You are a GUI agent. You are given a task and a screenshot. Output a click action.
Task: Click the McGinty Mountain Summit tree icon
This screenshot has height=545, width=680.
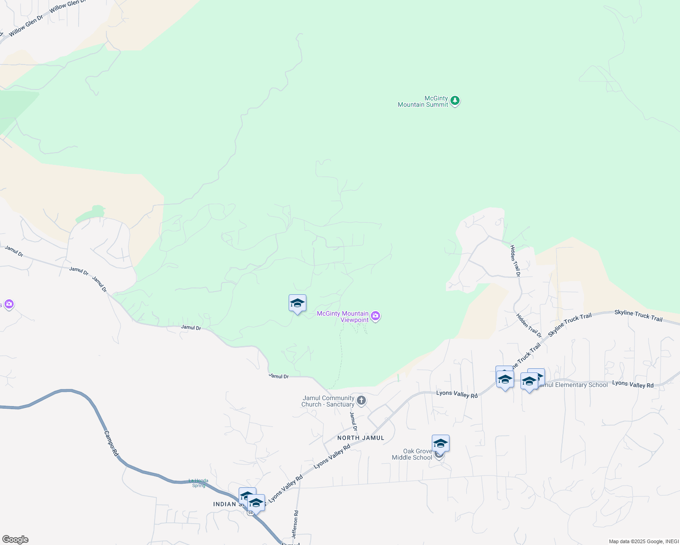point(455,101)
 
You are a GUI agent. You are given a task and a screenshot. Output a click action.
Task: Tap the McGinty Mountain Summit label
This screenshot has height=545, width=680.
point(423,101)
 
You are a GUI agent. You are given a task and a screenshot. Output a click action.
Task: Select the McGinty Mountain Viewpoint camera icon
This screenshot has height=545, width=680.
point(375,316)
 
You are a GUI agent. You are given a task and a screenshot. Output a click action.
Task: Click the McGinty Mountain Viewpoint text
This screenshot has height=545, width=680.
point(343,317)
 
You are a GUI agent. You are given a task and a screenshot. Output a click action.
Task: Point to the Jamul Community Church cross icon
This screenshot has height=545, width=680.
point(361,401)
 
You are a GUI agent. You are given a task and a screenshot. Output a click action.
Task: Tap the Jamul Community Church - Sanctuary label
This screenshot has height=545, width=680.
point(328,401)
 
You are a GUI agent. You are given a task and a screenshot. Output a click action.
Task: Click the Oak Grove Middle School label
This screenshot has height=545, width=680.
point(412,454)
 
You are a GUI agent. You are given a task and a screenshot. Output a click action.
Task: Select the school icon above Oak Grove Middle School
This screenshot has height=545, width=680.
point(440,443)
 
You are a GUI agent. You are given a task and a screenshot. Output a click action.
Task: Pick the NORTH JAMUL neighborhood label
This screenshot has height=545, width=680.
point(361,438)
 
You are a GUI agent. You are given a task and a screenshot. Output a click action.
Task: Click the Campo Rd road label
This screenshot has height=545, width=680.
point(111,443)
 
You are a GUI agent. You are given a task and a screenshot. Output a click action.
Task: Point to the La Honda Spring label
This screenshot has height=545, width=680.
point(199,483)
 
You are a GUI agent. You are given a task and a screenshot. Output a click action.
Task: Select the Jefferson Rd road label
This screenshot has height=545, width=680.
point(295,525)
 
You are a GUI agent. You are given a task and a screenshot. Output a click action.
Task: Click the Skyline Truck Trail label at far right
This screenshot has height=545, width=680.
point(638,315)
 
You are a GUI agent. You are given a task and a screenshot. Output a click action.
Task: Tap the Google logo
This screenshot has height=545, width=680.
point(15,540)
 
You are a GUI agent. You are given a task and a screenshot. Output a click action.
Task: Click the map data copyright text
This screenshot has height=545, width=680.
point(644,541)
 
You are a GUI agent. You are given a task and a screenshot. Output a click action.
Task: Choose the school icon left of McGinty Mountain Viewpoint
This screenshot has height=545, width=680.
point(297,303)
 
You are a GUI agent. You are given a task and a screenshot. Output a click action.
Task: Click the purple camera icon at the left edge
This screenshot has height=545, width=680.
point(9,304)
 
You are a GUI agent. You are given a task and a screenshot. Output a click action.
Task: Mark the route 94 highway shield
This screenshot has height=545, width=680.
point(250,513)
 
